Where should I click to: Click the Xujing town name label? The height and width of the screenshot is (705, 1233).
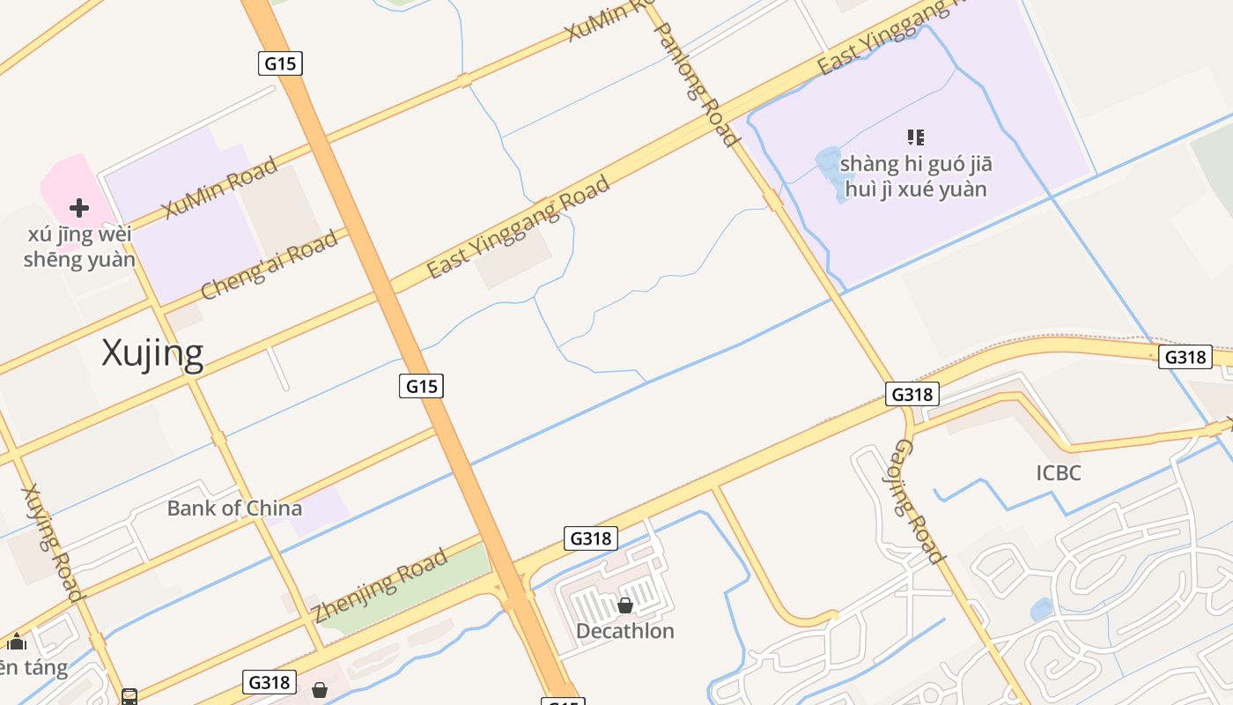(x=152, y=353)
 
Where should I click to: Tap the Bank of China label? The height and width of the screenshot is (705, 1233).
(x=234, y=508)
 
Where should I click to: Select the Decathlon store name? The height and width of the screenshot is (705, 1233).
(x=624, y=631)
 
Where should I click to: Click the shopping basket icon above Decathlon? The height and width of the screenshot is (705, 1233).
(x=625, y=605)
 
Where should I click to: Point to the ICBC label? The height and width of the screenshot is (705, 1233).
(x=1058, y=473)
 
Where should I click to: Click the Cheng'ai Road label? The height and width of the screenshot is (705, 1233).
(x=269, y=264)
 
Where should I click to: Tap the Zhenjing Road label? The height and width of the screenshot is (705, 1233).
(x=380, y=585)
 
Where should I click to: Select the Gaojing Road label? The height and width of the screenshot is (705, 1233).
(x=919, y=501)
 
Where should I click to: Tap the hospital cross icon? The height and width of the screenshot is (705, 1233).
(x=79, y=208)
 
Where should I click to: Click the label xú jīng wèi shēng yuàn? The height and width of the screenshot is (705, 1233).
(x=79, y=247)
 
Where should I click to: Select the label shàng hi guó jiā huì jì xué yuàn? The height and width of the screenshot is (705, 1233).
(x=916, y=176)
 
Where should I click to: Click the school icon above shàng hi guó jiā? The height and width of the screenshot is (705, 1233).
(x=916, y=137)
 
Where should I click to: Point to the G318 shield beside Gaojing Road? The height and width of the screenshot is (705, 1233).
(x=912, y=394)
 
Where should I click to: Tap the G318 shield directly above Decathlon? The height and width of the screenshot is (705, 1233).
(x=591, y=538)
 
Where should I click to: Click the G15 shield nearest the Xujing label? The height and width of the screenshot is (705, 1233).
(x=421, y=386)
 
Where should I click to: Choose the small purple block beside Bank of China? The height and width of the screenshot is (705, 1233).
(x=319, y=509)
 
